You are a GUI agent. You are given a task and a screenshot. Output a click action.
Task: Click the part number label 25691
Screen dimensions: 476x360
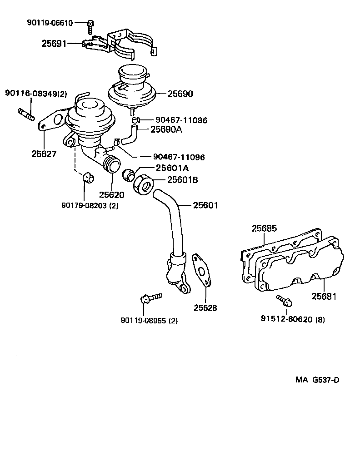54,44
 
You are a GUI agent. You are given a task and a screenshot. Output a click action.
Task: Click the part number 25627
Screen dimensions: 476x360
44,154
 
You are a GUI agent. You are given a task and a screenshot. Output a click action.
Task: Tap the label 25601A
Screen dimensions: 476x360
172,168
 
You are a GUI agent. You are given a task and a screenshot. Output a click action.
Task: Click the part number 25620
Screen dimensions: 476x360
112,195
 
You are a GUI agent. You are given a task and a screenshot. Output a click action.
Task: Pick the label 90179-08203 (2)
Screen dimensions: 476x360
90,205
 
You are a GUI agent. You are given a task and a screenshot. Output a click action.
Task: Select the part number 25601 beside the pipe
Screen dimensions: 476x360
205,205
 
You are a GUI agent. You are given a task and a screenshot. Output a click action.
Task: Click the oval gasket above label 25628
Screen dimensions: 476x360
200,271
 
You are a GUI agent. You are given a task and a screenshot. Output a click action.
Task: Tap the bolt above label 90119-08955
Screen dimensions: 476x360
150,298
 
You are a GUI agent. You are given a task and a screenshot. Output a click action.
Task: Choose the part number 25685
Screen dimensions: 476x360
264,228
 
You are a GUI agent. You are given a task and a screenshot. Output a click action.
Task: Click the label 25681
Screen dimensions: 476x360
324,297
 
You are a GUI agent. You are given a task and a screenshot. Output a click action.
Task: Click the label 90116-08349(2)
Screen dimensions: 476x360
36,94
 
